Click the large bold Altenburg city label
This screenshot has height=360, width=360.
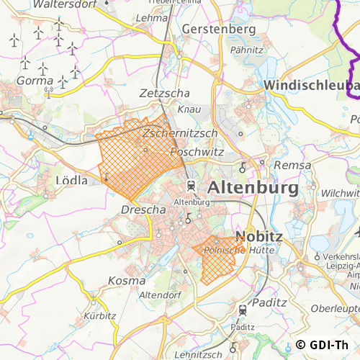pyautogui.click(x=253, y=188)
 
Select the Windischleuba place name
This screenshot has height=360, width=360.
pyautogui.click(x=311, y=85)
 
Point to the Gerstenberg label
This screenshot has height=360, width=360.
pyautogui.click(x=220, y=30)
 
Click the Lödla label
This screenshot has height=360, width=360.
pyautogui.click(x=71, y=180)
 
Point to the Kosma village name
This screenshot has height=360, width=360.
pyautogui.click(x=126, y=279)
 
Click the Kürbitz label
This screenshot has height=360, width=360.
pyautogui.click(x=99, y=316)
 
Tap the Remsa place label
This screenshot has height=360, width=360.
pyautogui.click(x=292, y=165)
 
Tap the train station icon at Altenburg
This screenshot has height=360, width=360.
pyautogui.click(x=191, y=186)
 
